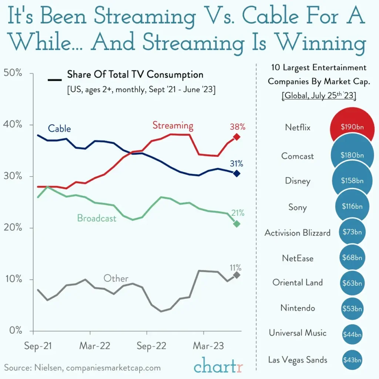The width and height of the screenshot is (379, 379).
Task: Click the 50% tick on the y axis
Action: [13, 73]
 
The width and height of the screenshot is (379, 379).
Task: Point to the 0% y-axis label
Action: [15, 331]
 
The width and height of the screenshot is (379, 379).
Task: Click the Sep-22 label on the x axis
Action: [152, 346]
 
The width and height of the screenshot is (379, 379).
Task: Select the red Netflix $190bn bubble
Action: [352, 127]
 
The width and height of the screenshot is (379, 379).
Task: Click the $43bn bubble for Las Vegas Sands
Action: [352, 360]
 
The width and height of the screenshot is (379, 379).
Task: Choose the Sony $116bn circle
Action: [352, 207]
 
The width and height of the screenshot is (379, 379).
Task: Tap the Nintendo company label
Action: [298, 308]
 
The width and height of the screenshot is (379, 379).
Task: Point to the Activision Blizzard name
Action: [297, 233]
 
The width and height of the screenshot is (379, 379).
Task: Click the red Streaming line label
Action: [173, 125]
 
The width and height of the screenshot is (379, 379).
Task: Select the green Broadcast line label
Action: [97, 218]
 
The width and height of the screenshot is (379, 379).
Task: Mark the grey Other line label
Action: [116, 278]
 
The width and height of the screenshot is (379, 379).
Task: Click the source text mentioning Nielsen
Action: [83, 368]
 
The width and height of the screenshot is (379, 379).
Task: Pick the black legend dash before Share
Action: [55, 80]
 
